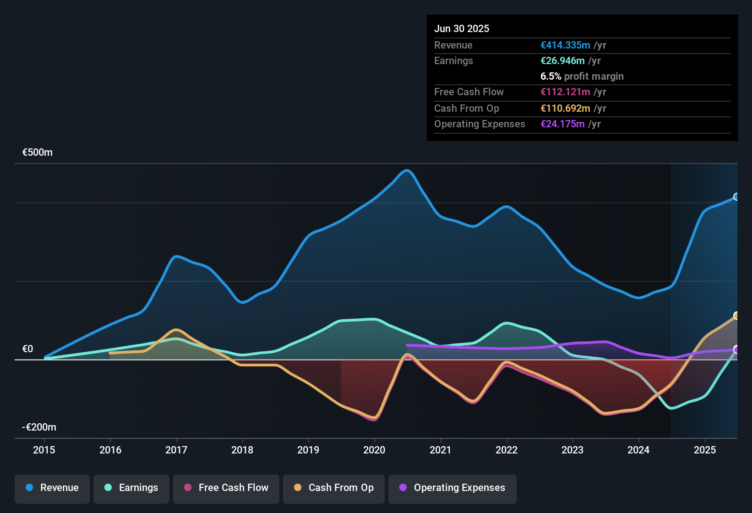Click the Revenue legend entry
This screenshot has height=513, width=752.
[x=52, y=488]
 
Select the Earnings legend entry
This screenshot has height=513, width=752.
[x=131, y=488]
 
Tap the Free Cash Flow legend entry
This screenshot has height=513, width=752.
[x=226, y=488]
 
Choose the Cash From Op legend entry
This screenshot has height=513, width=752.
[x=334, y=488]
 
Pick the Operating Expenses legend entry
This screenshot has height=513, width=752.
[x=452, y=488]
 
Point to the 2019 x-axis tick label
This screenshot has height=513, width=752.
[x=308, y=450]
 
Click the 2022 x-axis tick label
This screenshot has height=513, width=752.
[x=507, y=450]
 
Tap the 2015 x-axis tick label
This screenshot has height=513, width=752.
[x=44, y=450]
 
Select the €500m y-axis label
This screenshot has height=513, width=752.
[x=38, y=153]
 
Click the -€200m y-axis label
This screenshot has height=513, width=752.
[x=39, y=427]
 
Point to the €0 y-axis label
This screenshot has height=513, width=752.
[x=28, y=349]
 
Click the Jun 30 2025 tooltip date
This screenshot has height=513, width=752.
[x=462, y=29]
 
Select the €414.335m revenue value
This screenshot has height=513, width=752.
[x=565, y=45]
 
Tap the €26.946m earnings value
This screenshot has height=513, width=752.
[x=562, y=61]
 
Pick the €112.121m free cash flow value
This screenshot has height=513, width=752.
[x=565, y=92]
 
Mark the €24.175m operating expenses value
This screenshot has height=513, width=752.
[x=562, y=124]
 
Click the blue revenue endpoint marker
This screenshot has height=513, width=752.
[x=736, y=197]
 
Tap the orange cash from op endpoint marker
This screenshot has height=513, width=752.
[x=736, y=316]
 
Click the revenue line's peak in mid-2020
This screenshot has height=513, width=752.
[x=407, y=171]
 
